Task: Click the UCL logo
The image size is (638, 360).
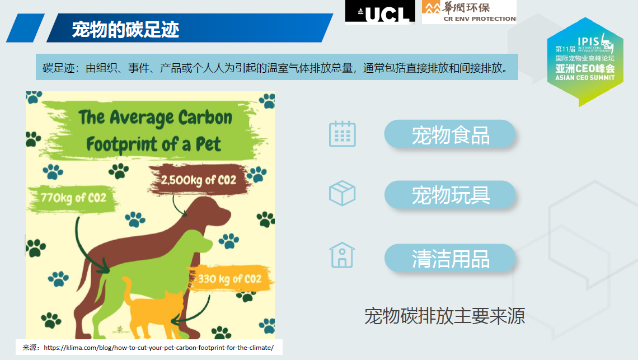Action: [380, 12]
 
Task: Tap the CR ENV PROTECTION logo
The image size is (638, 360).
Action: [469, 12]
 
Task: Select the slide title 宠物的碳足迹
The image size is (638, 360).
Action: [125, 29]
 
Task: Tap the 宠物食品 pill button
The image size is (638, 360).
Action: [450, 134]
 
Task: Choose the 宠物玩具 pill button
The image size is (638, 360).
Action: [450, 195]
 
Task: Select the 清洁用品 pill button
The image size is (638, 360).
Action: [450, 258]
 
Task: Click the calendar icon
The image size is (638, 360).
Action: [342, 134]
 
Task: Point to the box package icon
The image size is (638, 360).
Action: [342, 193]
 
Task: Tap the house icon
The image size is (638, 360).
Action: [342, 255]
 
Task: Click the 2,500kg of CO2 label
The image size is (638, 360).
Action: [199, 180]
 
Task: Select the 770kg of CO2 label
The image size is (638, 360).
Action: [73, 198]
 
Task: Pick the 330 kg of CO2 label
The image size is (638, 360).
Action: [230, 279]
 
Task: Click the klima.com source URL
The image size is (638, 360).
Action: [159, 347]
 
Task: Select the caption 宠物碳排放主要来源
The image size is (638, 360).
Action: [444, 316]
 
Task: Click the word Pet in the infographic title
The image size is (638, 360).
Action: [208, 144]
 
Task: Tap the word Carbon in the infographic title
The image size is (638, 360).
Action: [205, 118]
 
